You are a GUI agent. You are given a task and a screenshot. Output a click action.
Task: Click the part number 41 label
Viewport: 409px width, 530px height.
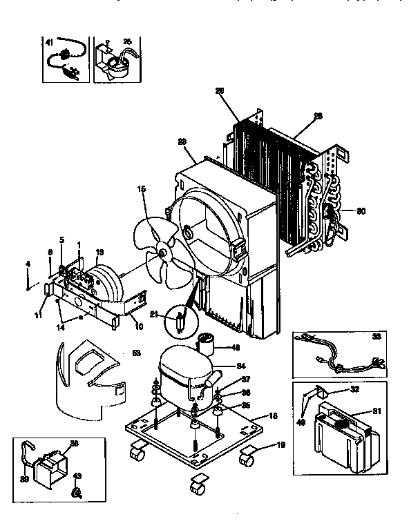pos(49,43)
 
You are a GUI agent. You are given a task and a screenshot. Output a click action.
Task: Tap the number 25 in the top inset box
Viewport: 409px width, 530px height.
pos(127,42)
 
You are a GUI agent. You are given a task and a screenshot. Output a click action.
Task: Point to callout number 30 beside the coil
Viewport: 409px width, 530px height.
pos(360,212)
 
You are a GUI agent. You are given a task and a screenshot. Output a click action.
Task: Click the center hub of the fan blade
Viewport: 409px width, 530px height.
pos(164,255)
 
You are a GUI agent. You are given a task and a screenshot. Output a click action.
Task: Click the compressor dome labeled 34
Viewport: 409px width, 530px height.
pos(182,369)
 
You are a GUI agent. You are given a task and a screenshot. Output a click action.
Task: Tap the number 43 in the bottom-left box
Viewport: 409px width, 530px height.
pos(77,476)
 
